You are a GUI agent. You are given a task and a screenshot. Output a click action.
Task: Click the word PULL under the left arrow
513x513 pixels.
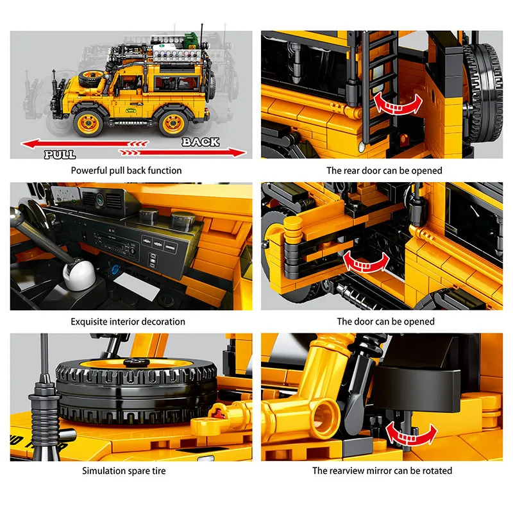pos(60,155)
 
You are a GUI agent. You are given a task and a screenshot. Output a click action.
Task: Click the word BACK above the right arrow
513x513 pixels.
pos(201,142)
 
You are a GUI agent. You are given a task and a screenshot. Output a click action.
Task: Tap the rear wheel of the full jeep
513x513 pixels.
pos(173,122)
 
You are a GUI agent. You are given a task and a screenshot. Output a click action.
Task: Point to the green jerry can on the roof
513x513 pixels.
pos(189,40)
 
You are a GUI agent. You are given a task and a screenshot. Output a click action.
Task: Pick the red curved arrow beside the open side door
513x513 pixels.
pos(366,262)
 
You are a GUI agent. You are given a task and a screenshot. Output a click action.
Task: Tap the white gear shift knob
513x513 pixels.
pos(79,274)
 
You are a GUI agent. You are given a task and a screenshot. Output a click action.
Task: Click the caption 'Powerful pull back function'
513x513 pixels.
pos(126,171)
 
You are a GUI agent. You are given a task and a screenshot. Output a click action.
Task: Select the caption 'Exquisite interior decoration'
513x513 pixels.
pos(128,322)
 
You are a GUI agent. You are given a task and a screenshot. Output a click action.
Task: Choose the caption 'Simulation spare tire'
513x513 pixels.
pos(124,471)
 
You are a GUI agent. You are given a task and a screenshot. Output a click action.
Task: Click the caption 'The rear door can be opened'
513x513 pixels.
pos(384,171)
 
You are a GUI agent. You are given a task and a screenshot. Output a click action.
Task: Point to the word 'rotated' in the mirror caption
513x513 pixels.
pos(437,471)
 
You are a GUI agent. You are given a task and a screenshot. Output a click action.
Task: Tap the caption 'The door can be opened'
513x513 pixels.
pos(386,322)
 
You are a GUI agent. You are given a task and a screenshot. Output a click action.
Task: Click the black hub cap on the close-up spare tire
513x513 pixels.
pos(137,362)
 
